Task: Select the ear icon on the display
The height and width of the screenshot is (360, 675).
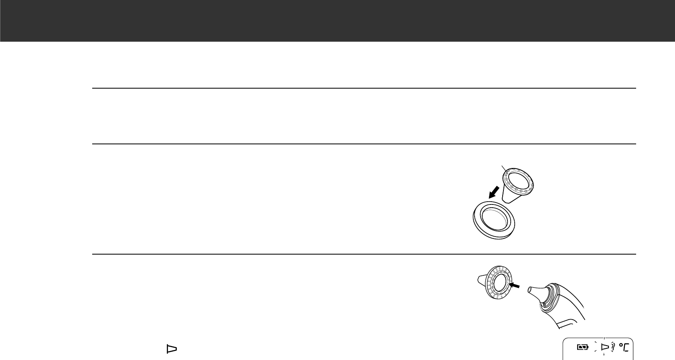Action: point(613,348)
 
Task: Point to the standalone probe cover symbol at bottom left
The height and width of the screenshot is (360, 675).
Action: point(171,350)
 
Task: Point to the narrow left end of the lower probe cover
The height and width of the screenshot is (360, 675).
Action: point(480,278)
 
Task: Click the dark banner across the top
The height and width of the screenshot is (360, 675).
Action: point(337,20)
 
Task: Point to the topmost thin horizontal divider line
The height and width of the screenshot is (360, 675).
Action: point(364,88)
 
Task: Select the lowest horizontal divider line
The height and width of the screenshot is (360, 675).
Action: point(364,254)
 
